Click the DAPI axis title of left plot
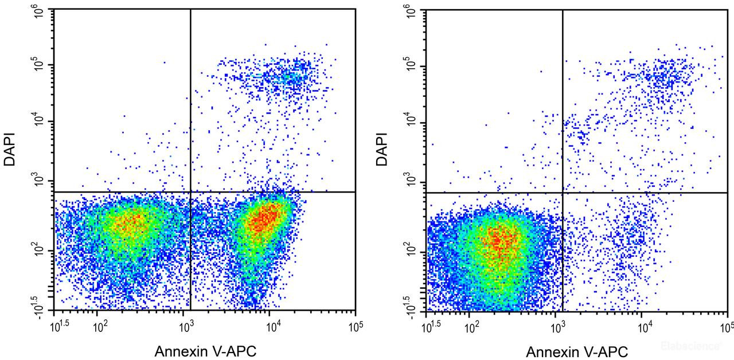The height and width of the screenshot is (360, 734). click(10, 150)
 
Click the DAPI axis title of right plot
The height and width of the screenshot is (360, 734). click(381, 150)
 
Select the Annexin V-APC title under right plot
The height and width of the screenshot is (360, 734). click(577, 351)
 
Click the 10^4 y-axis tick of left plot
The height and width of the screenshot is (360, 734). click(38, 122)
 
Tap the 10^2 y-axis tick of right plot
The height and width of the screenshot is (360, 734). click(411, 252)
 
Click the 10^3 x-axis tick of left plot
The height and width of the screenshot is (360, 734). click(186, 327)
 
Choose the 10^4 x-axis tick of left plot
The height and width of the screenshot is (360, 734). click(273, 327)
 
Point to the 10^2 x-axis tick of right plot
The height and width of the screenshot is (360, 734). click(472, 327)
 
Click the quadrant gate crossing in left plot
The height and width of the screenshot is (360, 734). click(190, 192)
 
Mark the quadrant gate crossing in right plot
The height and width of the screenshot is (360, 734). click(563, 193)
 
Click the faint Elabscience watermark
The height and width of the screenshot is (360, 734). click(691, 346)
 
